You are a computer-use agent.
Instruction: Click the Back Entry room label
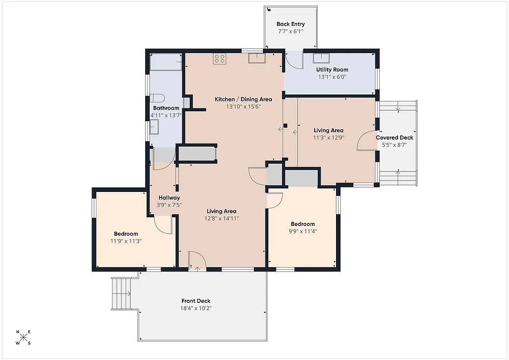291,24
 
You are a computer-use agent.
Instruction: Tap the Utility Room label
332,70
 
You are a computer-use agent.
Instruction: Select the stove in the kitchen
219,59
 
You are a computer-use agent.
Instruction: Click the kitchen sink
257,58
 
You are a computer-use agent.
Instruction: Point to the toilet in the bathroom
158,97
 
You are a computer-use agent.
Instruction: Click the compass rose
23,338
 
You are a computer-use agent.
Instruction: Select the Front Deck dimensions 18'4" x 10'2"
196,308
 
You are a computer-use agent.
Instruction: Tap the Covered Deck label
394,138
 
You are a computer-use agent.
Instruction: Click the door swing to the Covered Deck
367,140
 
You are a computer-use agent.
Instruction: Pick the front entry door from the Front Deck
196,261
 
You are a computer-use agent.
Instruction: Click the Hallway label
169,197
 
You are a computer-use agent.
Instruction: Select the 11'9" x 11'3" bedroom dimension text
126,241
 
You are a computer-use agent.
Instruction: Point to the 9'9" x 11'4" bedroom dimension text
303,231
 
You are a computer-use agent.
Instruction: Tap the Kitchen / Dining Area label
243,99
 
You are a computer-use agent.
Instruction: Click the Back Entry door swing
294,60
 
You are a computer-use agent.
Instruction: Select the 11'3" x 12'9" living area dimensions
329,138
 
